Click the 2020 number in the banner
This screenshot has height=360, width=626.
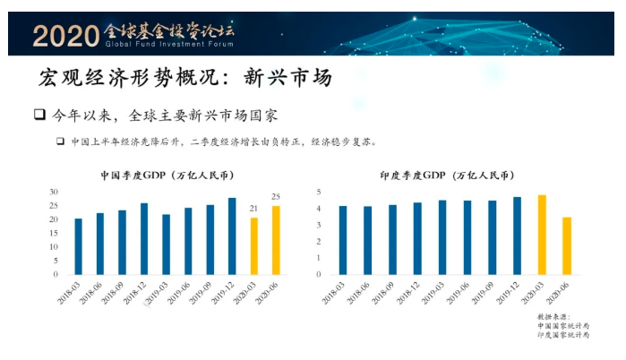click(64, 35)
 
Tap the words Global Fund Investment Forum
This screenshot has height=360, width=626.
click(170, 44)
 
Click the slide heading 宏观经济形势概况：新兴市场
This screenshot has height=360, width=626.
click(185, 78)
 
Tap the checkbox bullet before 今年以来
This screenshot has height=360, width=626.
click(39, 116)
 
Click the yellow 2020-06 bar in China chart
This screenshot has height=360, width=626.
click(276, 240)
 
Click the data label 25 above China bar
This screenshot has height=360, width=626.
click(276, 197)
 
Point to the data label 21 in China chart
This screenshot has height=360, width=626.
click(253, 209)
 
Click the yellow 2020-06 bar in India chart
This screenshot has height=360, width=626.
click(565, 245)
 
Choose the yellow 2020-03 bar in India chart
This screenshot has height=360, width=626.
click(542, 235)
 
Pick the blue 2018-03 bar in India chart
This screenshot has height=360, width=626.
click(343, 240)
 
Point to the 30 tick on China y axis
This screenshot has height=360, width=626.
click(54, 192)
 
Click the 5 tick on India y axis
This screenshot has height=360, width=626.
click(319, 192)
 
